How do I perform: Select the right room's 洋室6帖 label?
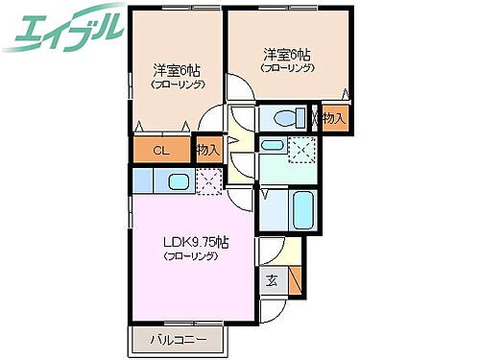(x=284, y=54)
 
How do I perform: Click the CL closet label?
(x=160, y=150)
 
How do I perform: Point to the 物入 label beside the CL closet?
(x=208, y=149)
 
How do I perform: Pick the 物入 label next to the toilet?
(x=333, y=118)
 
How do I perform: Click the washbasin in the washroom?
(x=273, y=146)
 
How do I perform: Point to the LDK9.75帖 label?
(x=194, y=242)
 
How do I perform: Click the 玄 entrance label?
(x=272, y=280)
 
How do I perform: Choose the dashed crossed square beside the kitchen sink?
(x=209, y=180)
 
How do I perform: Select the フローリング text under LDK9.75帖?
(x=190, y=257)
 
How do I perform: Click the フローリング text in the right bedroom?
(x=288, y=68)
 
